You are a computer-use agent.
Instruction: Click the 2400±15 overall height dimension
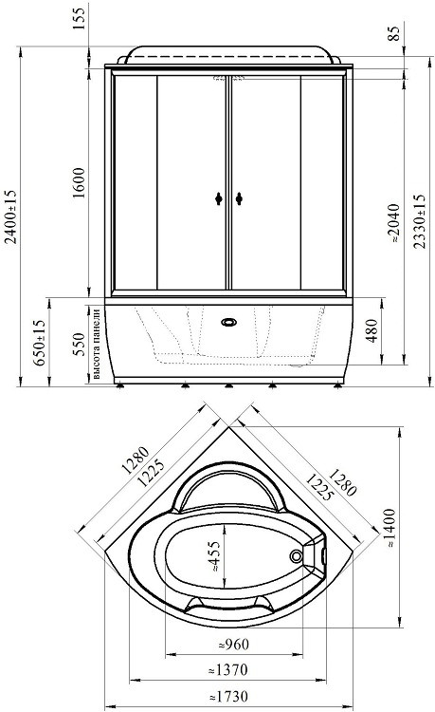tap(10, 216)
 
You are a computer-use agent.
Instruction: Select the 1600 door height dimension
tap(79, 182)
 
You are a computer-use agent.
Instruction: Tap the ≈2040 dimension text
tap(393, 222)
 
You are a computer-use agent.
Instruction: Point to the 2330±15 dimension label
tap(420, 221)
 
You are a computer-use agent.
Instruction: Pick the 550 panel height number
tap(79, 345)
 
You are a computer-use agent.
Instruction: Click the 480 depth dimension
tap(372, 330)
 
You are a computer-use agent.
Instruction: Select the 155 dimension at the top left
tap(79, 19)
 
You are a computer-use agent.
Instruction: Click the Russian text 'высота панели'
tap(96, 344)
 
